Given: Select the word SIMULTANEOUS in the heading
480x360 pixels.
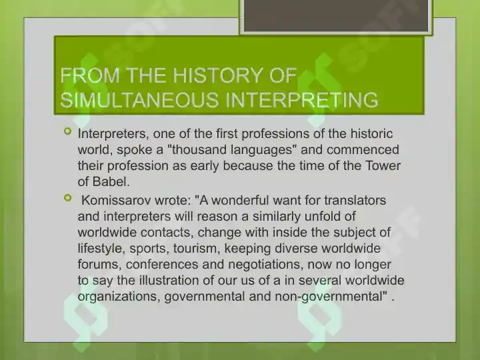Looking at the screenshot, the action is tap(139, 99).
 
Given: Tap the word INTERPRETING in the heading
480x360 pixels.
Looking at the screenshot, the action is tap(301, 99).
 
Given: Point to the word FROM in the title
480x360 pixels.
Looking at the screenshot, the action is tap(90, 75).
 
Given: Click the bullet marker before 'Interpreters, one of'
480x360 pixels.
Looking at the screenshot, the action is tap(67, 131).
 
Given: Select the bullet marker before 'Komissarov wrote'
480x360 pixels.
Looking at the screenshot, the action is tap(67, 198).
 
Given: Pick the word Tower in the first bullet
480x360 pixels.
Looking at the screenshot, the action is tap(383, 165).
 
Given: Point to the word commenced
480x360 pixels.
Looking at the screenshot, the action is tap(363, 150).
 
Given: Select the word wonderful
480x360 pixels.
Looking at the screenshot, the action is tap(240, 200).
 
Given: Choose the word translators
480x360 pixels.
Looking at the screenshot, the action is tap(355, 200).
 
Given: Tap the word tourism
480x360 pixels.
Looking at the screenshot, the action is tap(197, 248).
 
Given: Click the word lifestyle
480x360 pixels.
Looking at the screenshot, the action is tap(101, 248).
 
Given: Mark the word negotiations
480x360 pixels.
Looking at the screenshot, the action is tap(266, 264).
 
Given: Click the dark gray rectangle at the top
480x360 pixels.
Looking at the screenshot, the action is tap(336, 15).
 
